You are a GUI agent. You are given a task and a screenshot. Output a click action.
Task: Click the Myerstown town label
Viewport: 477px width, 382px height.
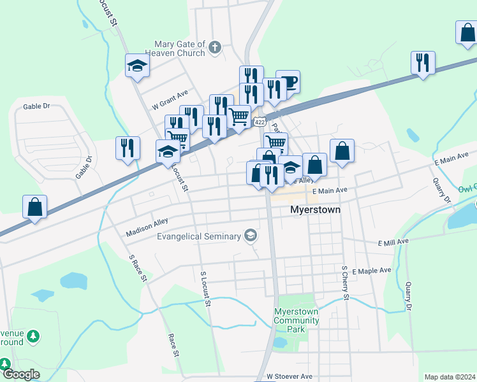click(x=315, y=209)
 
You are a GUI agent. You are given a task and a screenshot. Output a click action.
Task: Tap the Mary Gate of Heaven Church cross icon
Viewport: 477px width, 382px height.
click(x=215, y=46)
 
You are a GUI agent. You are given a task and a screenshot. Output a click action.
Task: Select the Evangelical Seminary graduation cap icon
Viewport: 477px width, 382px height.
click(x=251, y=236)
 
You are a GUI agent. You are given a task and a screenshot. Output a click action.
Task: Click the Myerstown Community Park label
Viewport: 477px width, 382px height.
click(x=297, y=320)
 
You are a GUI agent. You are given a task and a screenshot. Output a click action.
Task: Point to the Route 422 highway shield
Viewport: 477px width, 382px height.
click(x=259, y=121)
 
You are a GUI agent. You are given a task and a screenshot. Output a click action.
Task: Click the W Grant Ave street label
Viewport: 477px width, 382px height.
click(x=170, y=100)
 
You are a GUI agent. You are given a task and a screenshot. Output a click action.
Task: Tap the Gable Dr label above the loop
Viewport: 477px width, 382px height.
click(x=36, y=107)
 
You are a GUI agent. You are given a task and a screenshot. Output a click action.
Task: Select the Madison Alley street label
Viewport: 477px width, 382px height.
click(x=147, y=227)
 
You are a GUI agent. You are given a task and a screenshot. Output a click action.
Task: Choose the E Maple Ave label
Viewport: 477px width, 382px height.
click(x=371, y=271)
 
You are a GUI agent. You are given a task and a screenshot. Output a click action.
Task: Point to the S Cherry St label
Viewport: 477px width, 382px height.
click(x=344, y=283)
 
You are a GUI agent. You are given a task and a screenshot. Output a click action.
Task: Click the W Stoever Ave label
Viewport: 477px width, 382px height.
click(x=290, y=377)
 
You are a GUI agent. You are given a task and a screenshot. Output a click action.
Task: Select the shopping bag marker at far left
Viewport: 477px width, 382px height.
click(x=34, y=206)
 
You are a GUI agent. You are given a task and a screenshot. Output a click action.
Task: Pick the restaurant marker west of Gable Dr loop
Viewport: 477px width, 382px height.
click(x=128, y=148)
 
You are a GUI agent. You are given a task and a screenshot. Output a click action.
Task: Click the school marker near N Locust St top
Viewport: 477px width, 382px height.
click(x=137, y=65)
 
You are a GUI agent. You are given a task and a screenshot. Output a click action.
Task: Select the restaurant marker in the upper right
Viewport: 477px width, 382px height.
click(x=423, y=62)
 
